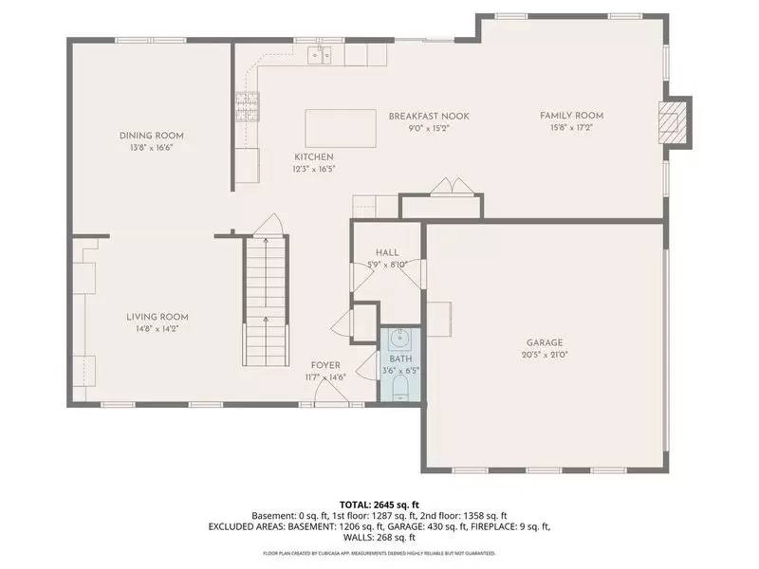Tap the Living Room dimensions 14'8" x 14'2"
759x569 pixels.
click(157, 329)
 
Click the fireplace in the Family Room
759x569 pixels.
click(674, 121)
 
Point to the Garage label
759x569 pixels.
click(545, 342)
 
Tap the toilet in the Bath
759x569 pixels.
click(400, 390)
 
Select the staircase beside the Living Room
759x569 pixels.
click(266, 294)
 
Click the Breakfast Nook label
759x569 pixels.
click(428, 116)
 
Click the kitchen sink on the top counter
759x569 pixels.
click(319, 56)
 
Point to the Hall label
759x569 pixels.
click(386, 252)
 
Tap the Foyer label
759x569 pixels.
click(325, 365)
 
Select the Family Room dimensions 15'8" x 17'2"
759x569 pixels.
click(571, 128)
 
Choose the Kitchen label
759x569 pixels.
click(313, 156)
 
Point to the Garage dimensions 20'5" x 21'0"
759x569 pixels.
click(545, 355)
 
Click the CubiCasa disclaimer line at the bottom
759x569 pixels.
click(379, 552)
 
